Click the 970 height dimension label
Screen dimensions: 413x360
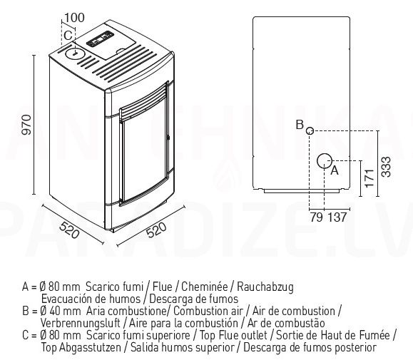pyautogui.click(x=26, y=125)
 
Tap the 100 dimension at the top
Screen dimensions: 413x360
pyautogui.click(x=74, y=18)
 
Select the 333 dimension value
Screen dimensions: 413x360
pyautogui.click(x=387, y=167)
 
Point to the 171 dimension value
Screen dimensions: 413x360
pyautogui.click(x=369, y=178)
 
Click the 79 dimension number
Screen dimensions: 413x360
pyautogui.click(x=316, y=217)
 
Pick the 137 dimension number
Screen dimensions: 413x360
pyautogui.click(x=337, y=217)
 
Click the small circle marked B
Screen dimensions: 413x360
pyautogui.click(x=310, y=130)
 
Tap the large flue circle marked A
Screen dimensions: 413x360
pyautogui.click(x=325, y=161)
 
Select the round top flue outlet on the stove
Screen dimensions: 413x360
pyautogui.click(x=75, y=54)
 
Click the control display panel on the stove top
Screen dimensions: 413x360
pyautogui.click(x=100, y=39)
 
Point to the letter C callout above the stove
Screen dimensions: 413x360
pyautogui.click(x=68, y=36)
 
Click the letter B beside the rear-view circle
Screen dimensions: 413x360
pyautogui.click(x=300, y=125)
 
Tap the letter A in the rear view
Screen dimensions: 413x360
pyautogui.click(x=335, y=170)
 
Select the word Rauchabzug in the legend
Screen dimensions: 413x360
pyautogui.click(x=265, y=287)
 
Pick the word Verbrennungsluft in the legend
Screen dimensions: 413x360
pyautogui.click(x=81, y=323)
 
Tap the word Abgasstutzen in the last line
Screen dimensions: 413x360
pyautogui.click(x=90, y=348)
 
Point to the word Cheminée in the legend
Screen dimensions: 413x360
pyautogui.click(x=204, y=287)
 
